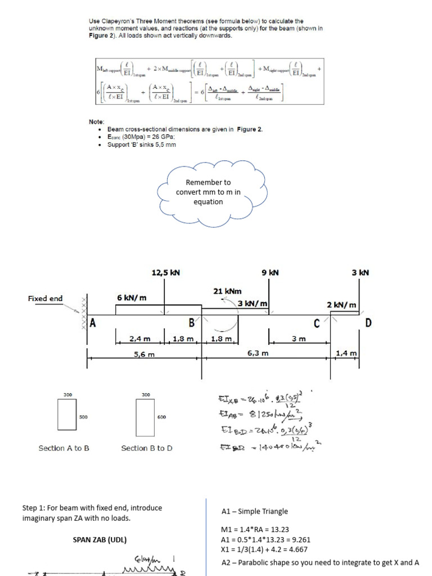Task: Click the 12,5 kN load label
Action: click(165, 273)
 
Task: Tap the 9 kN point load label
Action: click(271, 273)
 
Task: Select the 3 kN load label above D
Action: click(360, 273)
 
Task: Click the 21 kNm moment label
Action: click(227, 291)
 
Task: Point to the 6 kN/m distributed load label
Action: click(131, 298)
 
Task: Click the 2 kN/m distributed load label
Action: click(341, 305)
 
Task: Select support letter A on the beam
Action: click(94, 323)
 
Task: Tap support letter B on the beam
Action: click(191, 323)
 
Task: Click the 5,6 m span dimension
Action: click(145, 354)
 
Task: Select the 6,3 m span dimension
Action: click(258, 353)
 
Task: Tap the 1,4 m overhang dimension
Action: click(345, 353)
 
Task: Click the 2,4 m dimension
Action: click(139, 339)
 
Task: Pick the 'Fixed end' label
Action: click(46, 299)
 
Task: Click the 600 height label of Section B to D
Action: click(161, 417)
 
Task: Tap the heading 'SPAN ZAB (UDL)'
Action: click(100, 540)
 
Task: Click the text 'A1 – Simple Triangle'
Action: click(254, 511)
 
